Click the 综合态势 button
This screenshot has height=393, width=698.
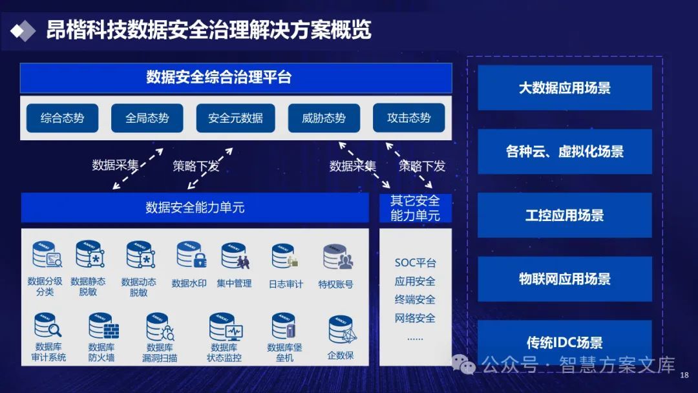click(x=62, y=118)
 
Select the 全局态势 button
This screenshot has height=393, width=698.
click(x=147, y=118)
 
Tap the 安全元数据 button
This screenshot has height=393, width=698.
click(x=235, y=118)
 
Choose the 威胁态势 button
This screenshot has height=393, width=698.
click(x=324, y=118)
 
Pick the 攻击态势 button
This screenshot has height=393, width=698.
click(x=408, y=118)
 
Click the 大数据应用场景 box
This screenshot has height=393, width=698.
click(x=564, y=88)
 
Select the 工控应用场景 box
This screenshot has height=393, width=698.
click(x=564, y=215)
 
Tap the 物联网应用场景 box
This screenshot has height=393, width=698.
click(x=564, y=279)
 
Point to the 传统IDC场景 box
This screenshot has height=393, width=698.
click(x=564, y=343)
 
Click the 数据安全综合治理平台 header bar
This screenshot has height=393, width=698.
click(x=236, y=78)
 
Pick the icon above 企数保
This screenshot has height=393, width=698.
click(x=341, y=330)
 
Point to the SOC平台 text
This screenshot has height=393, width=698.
click(x=415, y=263)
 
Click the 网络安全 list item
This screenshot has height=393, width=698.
click(x=415, y=318)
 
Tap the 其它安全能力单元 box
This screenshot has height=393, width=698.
click(x=415, y=208)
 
